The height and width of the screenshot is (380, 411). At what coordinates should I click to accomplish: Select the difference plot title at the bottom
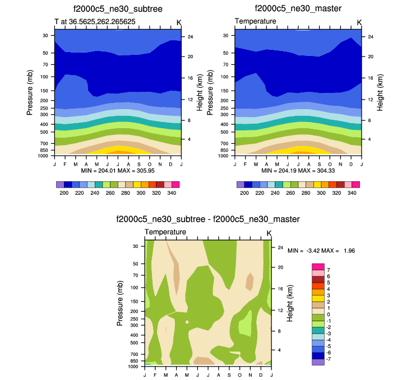pos(208,219)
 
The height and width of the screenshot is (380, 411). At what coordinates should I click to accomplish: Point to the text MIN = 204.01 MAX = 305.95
pos(118,170)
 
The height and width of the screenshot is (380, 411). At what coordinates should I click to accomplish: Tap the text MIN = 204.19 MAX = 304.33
pos(298,170)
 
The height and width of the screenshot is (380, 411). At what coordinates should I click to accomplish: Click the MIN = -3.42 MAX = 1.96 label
pos(322,251)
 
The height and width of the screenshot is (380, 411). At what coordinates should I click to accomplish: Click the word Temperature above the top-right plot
pos(255,21)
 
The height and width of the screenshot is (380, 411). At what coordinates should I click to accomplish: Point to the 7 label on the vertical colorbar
pos(328,270)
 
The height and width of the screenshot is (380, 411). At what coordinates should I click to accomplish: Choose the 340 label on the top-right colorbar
pos(352,193)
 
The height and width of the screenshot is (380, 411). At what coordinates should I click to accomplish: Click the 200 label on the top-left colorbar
pos(63,193)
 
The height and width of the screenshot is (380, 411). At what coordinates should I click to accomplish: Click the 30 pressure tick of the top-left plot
pos(45,35)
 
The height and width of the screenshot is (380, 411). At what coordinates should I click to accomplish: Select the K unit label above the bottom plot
pos(269,233)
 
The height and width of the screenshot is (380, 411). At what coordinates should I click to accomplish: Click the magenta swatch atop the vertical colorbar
pos(318,267)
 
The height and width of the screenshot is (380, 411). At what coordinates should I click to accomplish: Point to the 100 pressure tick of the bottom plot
pos(135,288)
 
